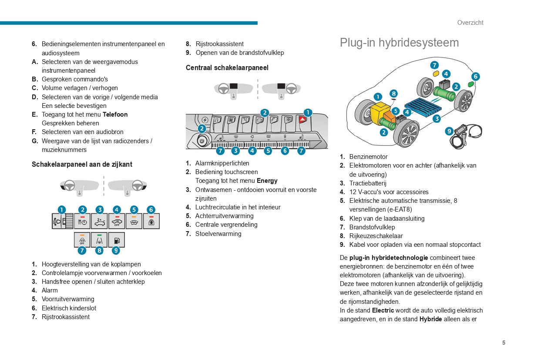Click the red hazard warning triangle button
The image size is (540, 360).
pos(302,120)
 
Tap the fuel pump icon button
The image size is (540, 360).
pos(116,240)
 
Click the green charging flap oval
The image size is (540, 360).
pos(470,84)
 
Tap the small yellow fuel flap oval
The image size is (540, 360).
pos(436,74)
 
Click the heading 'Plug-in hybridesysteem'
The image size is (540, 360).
pos(399,43)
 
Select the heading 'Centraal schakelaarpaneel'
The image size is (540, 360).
pos(227,68)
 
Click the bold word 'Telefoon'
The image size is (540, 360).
pos(115,114)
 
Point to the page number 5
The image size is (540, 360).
pos(503,343)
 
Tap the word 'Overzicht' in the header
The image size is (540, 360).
pos(470,23)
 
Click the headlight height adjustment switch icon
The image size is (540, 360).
pos(62,221)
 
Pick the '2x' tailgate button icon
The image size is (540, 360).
pos(99,221)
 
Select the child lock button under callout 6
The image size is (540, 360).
pos(151,221)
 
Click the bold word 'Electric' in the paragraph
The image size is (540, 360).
pos(382,310)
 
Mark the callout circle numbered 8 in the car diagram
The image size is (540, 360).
pos(393,94)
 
